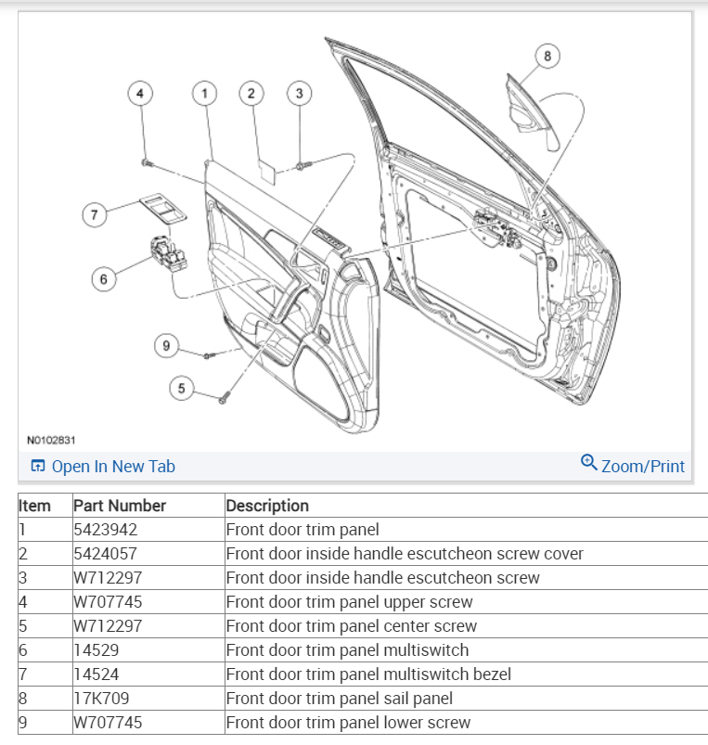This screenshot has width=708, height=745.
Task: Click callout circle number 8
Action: click(547, 57)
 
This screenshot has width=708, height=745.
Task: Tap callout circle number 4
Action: click(140, 93)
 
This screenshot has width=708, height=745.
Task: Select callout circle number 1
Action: click(204, 93)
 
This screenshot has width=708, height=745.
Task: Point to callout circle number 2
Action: click(251, 93)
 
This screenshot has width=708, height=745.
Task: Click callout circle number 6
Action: click(105, 277)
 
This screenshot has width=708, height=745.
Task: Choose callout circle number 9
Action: click(166, 346)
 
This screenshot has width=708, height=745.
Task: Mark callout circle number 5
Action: click(182, 388)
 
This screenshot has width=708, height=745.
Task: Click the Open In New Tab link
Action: click(103, 467)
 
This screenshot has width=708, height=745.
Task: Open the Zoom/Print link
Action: click(633, 466)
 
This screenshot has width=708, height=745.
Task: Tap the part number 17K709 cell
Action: click(102, 699)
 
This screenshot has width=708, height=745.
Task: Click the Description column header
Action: click(267, 506)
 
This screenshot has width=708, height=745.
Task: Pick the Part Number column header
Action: click(120, 506)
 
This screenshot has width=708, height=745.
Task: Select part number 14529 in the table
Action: click(97, 650)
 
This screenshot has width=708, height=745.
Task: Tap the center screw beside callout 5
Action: click(224, 397)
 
